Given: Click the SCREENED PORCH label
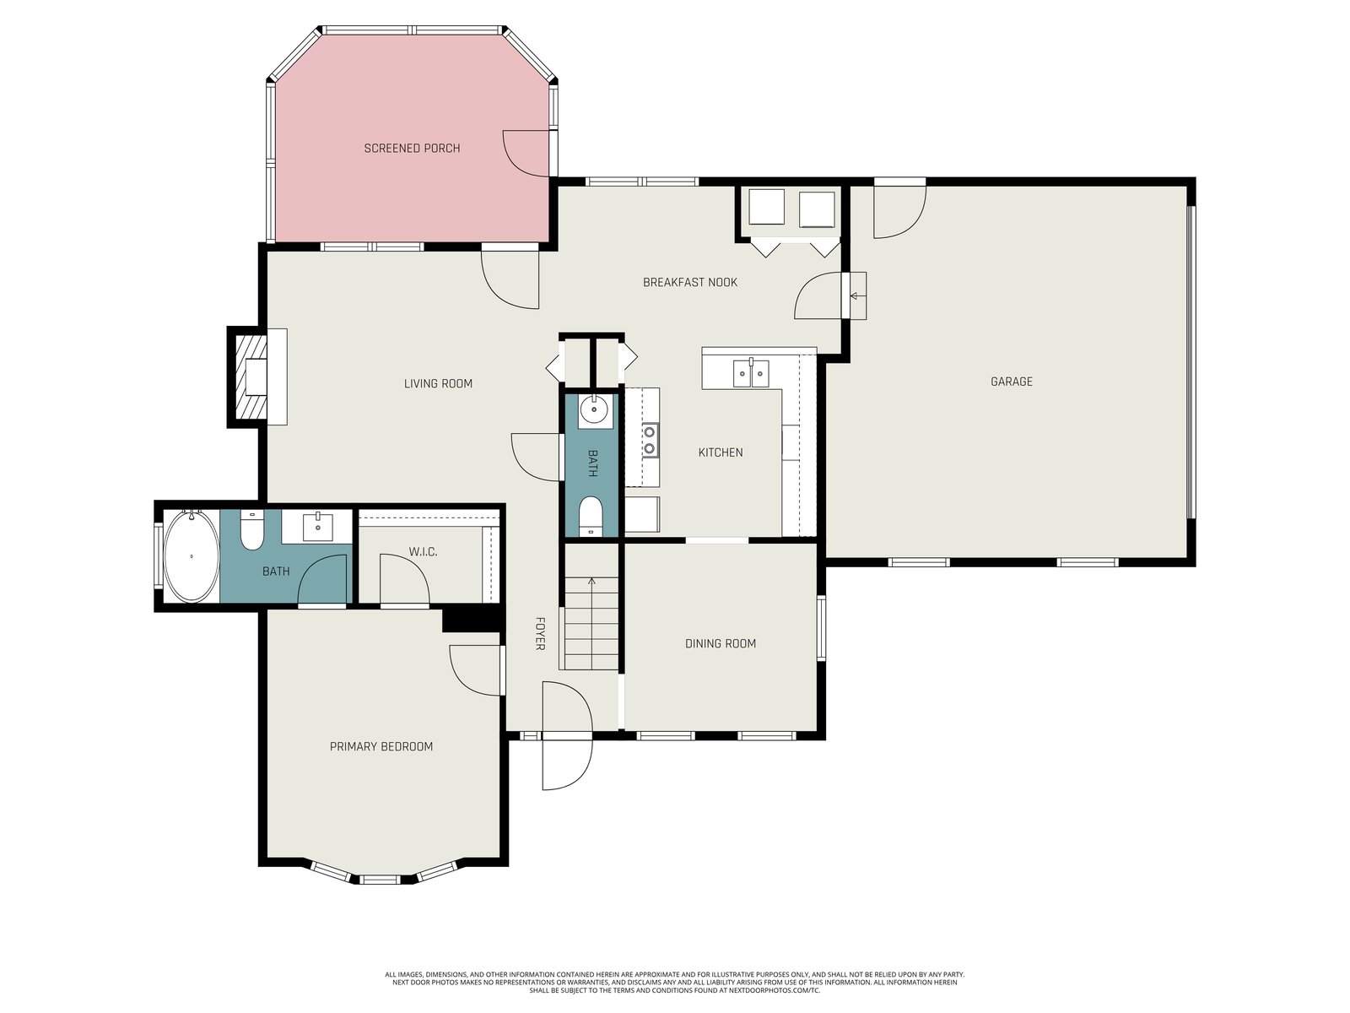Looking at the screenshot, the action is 412,149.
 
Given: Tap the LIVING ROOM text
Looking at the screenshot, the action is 438,384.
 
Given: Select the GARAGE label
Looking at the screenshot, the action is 1011,382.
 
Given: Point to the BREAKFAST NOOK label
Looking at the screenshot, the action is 689,282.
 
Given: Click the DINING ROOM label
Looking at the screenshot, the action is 721,643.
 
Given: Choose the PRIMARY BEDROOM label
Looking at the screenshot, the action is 381,746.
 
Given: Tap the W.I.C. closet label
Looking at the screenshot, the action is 424,552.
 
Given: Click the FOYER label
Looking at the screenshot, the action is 539,633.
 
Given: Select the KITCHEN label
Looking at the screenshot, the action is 721,452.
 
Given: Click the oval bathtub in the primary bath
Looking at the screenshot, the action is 192,556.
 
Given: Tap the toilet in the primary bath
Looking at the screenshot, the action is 251,530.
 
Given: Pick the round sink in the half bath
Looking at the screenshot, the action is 594,409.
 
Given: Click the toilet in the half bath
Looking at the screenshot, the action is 591,516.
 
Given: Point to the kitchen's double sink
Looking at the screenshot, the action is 751,373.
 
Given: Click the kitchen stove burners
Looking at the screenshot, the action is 650,441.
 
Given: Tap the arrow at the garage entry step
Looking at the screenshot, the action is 857,295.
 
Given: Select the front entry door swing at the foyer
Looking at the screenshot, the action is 566,735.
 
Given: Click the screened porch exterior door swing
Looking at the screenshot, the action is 526,154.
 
